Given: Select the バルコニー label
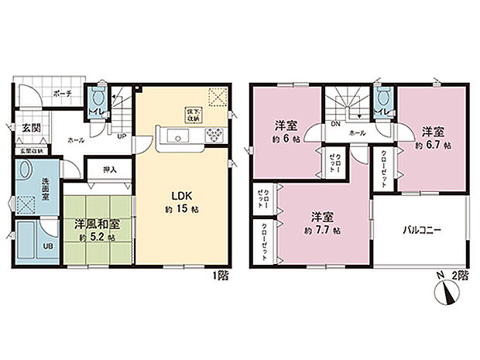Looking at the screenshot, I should pos(421,230).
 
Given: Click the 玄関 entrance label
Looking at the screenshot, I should pos(31,128).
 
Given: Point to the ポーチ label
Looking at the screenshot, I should pos(63,93).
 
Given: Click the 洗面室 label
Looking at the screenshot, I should pos(46,186).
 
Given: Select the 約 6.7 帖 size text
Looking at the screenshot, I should pos(432,144).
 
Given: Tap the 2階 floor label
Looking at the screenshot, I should pos(461,275).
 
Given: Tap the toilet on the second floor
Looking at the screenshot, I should pos(383,99).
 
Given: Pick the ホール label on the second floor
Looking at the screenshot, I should pos(358,133).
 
